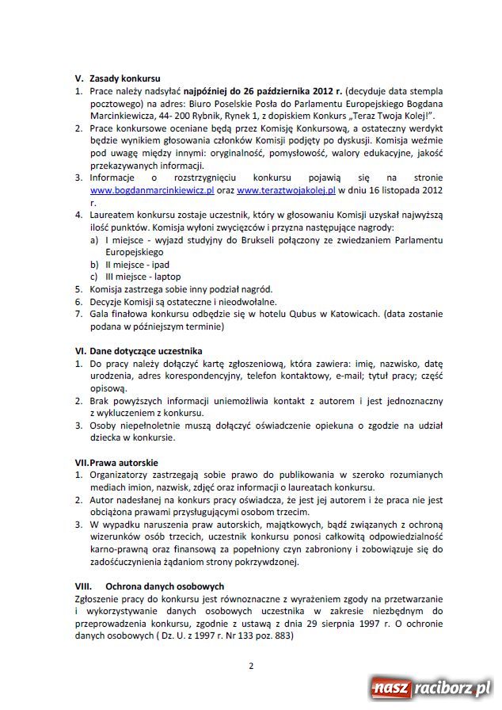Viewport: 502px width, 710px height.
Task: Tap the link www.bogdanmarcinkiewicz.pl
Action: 152,191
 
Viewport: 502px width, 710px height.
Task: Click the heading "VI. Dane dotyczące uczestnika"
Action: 138,350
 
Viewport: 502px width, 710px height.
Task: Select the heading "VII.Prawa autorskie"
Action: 116,462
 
